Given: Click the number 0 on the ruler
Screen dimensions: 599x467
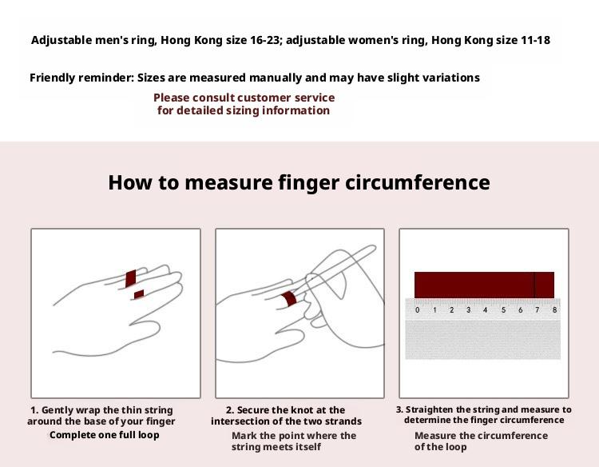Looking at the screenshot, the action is (417, 309).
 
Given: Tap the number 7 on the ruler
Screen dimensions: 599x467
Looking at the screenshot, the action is (538, 309).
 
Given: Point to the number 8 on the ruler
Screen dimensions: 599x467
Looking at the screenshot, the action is (555, 309).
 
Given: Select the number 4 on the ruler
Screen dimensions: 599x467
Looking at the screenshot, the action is (485, 309).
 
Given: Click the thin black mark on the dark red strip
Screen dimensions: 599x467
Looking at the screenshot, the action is (534, 285).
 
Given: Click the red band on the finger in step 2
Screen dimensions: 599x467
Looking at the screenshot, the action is (290, 299).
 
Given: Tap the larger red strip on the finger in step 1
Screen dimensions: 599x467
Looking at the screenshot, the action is (131, 278).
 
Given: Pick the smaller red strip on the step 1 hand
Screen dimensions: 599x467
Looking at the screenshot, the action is (139, 294).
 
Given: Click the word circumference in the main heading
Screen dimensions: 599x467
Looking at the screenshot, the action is (418, 182).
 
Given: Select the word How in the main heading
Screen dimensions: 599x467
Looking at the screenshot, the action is (129, 182).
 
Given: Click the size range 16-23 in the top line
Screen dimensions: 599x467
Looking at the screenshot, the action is (265, 40).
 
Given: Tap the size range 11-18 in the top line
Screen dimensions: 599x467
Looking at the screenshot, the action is (536, 40).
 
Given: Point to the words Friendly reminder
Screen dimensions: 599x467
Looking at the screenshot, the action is (81, 78).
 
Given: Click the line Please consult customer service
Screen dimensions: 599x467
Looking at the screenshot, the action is (244, 98).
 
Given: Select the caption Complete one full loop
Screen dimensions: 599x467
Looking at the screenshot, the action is (105, 435).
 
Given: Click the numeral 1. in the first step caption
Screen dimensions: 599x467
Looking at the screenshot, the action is (34, 410).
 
